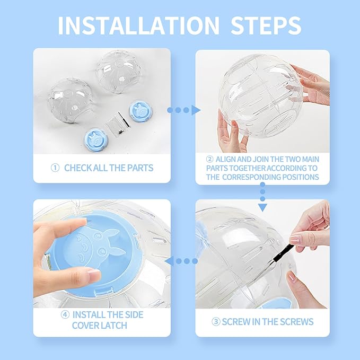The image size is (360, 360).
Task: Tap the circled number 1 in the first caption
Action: click(x=55, y=168)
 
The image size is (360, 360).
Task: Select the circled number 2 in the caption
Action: click(x=209, y=159)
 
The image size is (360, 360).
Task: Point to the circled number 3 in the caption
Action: click(x=216, y=322)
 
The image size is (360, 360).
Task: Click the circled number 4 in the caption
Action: click(x=65, y=314)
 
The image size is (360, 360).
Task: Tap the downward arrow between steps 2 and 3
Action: click(x=262, y=198)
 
